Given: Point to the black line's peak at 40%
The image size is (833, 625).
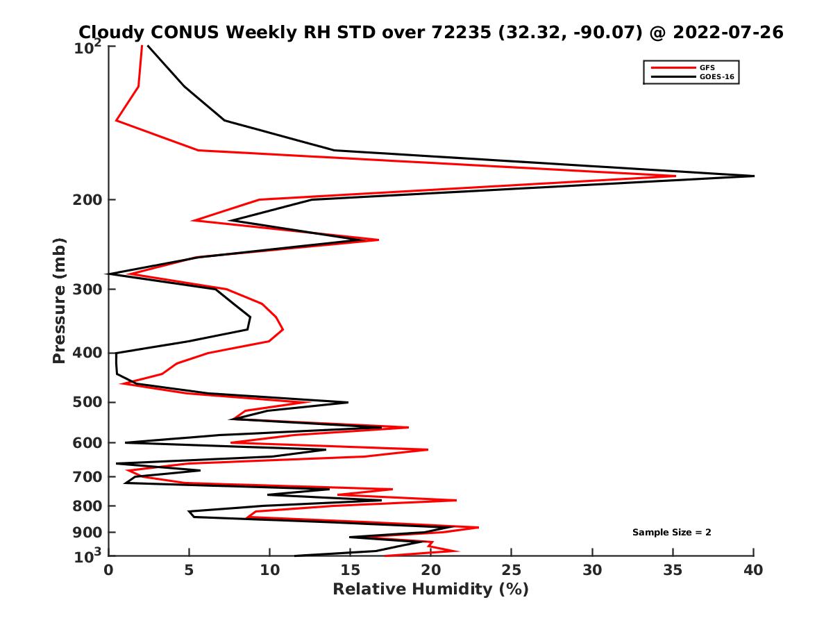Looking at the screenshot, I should pyautogui.click(x=753, y=176).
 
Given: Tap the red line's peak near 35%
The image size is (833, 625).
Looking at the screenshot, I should pyautogui.click(x=675, y=176).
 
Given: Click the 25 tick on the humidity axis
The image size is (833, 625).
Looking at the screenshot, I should pyautogui.click(x=512, y=570).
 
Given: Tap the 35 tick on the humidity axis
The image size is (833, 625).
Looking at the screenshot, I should pyautogui.click(x=673, y=570).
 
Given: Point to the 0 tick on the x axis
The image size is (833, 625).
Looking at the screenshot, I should pyautogui.click(x=109, y=570).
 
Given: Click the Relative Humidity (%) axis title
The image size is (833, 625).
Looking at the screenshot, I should pyautogui.click(x=430, y=590).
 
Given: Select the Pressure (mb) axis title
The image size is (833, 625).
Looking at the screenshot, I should pyautogui.click(x=59, y=300).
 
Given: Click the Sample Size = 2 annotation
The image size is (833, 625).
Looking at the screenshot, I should pyautogui.click(x=671, y=533).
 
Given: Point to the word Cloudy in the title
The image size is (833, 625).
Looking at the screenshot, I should pyautogui.click(x=110, y=32).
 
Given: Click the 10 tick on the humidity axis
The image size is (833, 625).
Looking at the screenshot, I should pyautogui.click(x=270, y=570).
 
